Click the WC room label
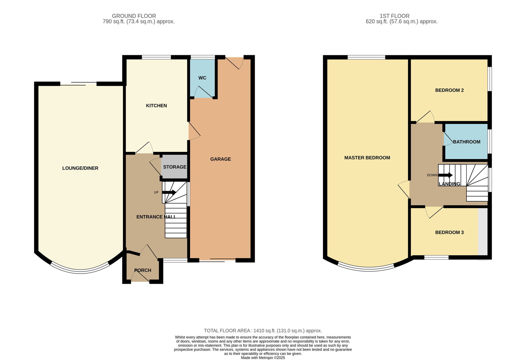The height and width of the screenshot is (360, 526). coord(202,78)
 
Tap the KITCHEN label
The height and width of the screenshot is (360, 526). coord(156,106)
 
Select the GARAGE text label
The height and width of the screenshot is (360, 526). coord(221,159)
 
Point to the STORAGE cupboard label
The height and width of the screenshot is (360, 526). coord(175,167)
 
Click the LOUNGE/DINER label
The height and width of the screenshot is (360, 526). coord(80,168)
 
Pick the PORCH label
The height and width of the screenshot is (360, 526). coord(143,270)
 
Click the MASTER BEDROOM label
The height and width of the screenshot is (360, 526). coord(367,158)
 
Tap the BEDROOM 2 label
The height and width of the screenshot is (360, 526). coord(449,90)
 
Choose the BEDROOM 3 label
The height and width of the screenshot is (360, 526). coord(449,232)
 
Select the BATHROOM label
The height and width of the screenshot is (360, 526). coord(466,142)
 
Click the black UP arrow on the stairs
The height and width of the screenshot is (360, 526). coord(169,192)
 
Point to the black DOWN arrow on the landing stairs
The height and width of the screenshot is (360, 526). coord(445,175)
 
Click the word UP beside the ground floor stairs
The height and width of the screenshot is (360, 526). coord(156,192)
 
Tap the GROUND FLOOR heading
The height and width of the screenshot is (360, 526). coord(134,16)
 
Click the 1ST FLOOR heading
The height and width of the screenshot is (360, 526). coord(394,16)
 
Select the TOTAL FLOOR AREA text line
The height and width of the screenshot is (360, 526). coord(263,331)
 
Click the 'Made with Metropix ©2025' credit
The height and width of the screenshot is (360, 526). coord(263,358)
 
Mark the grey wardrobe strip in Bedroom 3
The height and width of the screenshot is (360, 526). coord(483,231)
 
